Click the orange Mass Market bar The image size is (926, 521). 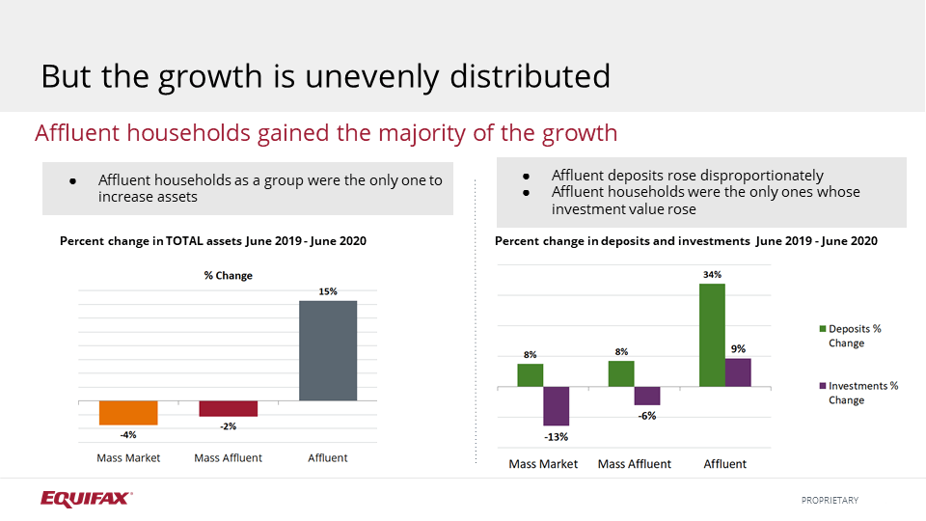[128, 412]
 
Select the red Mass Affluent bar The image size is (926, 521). [229, 408]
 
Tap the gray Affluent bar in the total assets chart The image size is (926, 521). [328, 350]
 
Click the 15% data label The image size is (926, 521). [328, 291]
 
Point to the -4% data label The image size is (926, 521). [128, 434]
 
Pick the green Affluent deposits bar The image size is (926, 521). [712, 335]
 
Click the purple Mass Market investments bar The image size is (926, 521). [556, 406]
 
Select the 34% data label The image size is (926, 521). [712, 275]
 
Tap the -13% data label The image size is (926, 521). [556, 436]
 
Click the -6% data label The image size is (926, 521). [646, 416]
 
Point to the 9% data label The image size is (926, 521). [738, 348]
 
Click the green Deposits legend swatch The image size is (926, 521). [822, 329]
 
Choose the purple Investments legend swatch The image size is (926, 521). [822, 386]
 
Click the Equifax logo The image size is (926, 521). [86, 499]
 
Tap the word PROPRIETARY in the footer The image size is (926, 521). [830, 500]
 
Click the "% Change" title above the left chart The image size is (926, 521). [228, 276]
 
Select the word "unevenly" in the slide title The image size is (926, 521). [377, 76]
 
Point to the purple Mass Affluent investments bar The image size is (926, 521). [646, 396]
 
